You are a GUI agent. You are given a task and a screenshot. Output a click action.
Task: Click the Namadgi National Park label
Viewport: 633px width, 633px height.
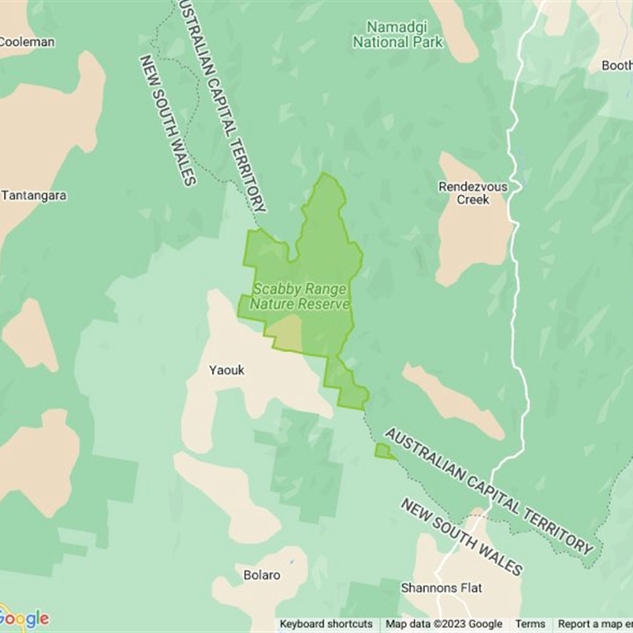point(398,34)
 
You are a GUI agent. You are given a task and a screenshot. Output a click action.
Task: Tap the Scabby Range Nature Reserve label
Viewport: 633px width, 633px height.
point(300,297)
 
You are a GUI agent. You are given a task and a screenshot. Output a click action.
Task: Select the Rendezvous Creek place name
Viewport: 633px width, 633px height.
point(472,193)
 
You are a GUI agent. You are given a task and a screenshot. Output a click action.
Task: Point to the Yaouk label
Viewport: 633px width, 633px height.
point(227,370)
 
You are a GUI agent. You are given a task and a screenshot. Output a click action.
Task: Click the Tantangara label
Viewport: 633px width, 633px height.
point(35,195)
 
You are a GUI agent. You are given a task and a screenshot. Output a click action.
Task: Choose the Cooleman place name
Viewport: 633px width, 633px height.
point(28,42)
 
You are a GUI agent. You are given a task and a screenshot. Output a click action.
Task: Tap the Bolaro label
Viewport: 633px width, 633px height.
point(262,575)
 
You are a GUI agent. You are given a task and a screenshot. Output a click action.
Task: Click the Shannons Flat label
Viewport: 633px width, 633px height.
point(442,588)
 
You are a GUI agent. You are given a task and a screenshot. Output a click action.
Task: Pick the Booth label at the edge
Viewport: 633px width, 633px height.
point(616,66)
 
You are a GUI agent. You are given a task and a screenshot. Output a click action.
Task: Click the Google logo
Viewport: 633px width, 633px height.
point(25,618)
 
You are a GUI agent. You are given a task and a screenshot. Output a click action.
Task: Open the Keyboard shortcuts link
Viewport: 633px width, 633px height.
point(326,624)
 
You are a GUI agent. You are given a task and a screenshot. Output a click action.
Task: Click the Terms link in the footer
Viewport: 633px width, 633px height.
point(530,624)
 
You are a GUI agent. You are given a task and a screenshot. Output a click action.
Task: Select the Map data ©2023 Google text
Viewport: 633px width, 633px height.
point(444,624)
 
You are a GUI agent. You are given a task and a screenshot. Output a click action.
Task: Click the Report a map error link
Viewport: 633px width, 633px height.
point(594,624)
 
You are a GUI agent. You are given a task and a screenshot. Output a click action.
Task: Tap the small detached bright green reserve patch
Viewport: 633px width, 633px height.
point(384,452)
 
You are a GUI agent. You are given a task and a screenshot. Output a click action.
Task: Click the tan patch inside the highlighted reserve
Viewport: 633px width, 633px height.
point(286,332)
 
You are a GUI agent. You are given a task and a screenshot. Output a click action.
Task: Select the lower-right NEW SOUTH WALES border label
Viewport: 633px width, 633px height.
point(461,537)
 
